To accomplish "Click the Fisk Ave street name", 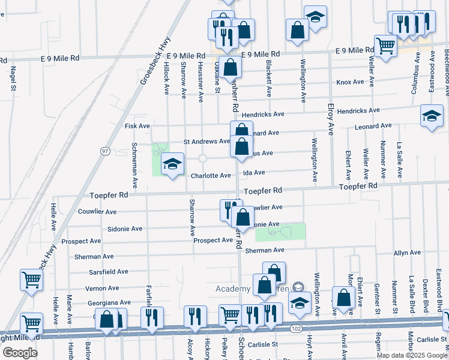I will [137, 126].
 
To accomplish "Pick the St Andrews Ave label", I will [206, 142].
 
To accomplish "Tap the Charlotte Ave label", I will [211, 176].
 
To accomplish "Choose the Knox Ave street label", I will [351, 82].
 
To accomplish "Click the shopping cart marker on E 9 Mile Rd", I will [385, 46].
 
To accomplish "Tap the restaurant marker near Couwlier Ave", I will [229, 210].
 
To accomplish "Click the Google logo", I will [20, 353].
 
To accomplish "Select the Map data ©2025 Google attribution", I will [412, 355].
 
